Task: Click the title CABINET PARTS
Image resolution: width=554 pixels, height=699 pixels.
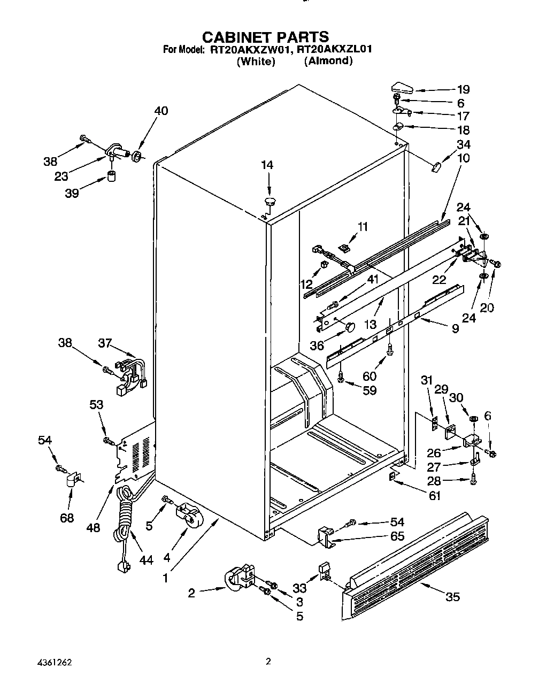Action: (265, 36)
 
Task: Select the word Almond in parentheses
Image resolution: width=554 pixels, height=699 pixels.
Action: (328, 60)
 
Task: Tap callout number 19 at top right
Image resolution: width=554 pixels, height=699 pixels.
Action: (463, 89)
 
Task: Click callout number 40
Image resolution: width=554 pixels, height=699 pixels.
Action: (161, 111)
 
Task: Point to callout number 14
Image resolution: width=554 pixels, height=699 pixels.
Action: (267, 165)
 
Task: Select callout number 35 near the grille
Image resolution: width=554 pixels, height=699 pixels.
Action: (452, 597)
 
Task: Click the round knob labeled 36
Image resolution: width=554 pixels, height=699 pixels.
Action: (350, 327)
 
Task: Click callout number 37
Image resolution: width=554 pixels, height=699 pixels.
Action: (106, 342)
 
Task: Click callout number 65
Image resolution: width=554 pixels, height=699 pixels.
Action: (397, 536)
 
